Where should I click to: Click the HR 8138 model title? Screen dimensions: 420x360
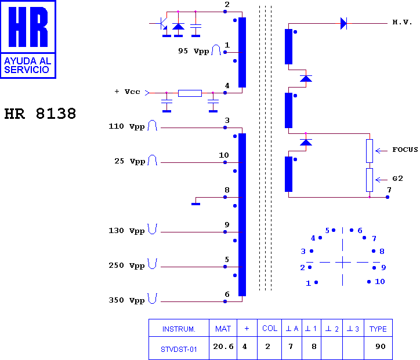pos(40,114)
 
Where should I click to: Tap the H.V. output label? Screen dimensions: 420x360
pos(402,22)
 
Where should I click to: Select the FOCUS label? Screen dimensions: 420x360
pos(405,150)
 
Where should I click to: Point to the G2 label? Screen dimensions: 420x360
pos(397,179)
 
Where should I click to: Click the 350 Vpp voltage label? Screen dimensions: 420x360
pos(126,300)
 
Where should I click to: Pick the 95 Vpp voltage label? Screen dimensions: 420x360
pos(193,51)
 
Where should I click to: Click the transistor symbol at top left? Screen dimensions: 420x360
pos(162,24)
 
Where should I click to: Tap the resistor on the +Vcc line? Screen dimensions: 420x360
pos(190,93)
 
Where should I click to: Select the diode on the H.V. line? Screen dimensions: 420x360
pos(343,24)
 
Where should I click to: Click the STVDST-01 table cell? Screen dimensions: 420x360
pos(179,350)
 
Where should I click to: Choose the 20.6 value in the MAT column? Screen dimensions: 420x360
pos(223,347)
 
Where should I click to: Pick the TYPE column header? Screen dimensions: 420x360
pos(378,329)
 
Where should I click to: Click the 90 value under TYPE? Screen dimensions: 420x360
pos(381,347)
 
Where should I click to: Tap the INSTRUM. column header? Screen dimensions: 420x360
pos(179,329)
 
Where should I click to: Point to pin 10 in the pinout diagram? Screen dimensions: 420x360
pos(369,282)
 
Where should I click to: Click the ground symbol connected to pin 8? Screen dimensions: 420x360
pos(196,204)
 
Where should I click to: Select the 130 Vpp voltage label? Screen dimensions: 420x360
pos(126,231)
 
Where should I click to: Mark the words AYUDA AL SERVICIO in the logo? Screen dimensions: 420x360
pos(28,66)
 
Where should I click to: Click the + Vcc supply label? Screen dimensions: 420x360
pos(127,92)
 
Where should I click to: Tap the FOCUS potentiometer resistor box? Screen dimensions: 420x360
pos(370,151)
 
